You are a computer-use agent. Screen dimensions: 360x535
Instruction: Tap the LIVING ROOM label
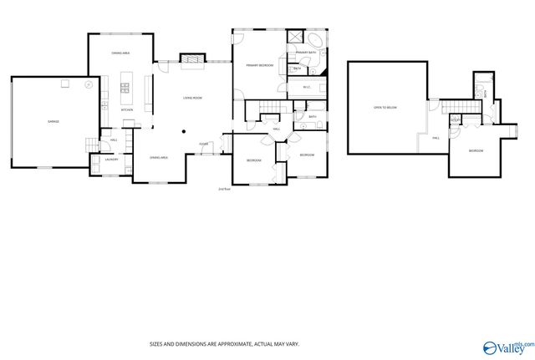[193, 99]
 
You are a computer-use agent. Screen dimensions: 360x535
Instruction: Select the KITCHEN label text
[127, 110]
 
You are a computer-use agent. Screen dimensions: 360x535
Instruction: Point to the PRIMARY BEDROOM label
[259, 64]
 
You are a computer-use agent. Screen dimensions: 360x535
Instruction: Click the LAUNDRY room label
[110, 159]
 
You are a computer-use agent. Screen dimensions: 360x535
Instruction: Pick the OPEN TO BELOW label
[385, 108]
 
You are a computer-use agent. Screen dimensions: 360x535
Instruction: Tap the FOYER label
[203, 144]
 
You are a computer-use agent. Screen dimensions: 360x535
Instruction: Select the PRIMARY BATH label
[306, 53]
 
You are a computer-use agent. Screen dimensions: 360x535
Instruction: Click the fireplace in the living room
[192, 59]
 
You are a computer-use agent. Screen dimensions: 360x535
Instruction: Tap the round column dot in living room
[185, 130]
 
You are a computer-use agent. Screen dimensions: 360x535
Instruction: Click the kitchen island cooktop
[126, 84]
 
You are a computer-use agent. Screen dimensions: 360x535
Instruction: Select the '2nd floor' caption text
[224, 189]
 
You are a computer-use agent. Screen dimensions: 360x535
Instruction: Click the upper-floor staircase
[452, 106]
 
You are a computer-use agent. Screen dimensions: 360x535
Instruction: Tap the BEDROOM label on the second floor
[476, 150]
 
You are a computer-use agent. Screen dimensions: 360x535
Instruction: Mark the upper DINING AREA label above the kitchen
[121, 53]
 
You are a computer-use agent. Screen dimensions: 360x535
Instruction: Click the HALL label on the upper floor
[436, 138]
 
